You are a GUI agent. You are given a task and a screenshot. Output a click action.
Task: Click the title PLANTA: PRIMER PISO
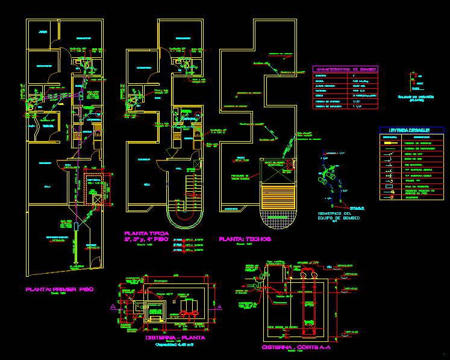(x=59, y=289)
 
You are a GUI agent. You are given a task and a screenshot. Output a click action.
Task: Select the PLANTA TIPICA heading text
(x=146, y=233)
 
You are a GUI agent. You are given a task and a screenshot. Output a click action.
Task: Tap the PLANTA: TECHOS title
(x=246, y=239)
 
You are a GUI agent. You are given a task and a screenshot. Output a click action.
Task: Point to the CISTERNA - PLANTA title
(x=175, y=338)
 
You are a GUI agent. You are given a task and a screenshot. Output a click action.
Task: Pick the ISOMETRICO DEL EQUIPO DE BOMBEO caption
(x=338, y=216)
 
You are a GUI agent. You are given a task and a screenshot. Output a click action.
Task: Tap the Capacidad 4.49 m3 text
(x=175, y=346)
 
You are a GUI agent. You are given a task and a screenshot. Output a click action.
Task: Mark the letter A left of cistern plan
(x=111, y=307)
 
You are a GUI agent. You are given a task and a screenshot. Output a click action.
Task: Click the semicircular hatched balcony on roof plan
(x=279, y=217)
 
